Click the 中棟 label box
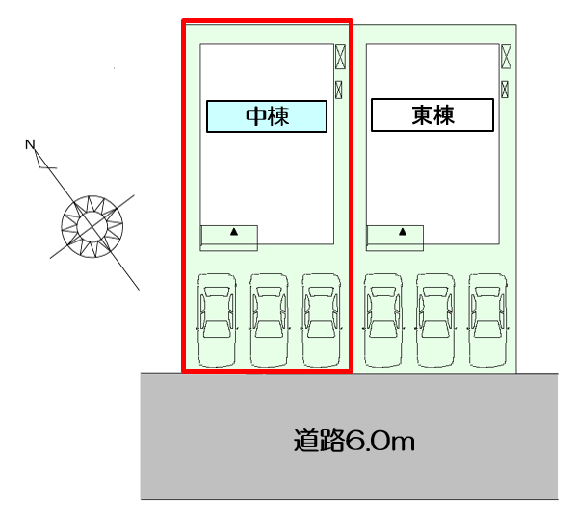point(267,116)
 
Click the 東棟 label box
point(432,114)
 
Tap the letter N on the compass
point(30,144)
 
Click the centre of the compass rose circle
point(92,226)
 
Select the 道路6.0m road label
point(354,440)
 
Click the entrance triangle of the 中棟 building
point(234,232)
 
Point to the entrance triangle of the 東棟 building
point(403,231)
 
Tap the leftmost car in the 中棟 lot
point(217,320)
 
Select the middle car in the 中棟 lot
point(269,320)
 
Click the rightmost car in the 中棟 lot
point(322,320)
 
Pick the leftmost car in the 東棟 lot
point(383,320)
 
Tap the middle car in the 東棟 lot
point(435,320)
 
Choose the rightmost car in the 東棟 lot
point(487,320)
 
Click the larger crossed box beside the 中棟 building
point(341,57)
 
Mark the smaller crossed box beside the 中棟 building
point(339,89)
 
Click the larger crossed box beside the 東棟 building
point(507,56)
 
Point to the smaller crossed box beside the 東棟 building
point(505,89)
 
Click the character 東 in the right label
point(422,114)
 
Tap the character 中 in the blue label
point(256,116)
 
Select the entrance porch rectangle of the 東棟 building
point(395,239)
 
